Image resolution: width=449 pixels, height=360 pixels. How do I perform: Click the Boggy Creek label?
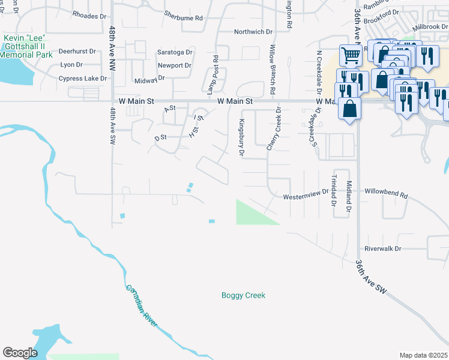(243, 295)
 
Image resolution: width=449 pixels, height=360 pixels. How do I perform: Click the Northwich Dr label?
(253, 32)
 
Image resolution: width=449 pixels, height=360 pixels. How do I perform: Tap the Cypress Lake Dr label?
(82, 79)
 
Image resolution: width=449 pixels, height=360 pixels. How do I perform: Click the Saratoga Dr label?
(174, 52)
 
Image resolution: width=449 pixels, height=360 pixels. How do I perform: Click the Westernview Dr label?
(306, 193)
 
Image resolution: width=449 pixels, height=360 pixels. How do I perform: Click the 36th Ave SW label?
(372, 277)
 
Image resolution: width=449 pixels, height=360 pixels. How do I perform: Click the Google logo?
(20, 353)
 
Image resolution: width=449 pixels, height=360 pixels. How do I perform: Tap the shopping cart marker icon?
(351, 56)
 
